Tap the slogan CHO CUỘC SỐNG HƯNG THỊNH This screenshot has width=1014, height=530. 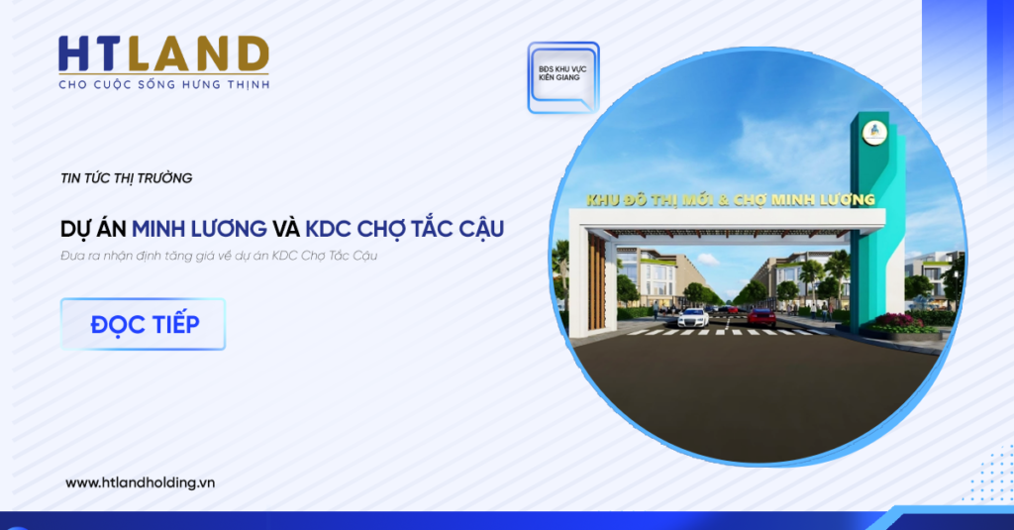tap(163, 85)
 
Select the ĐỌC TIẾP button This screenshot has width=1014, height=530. tap(143, 324)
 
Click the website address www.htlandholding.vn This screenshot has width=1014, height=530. tap(140, 482)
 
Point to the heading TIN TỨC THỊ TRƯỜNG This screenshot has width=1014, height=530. tap(126, 178)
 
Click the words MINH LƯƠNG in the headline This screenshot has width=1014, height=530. tap(199, 229)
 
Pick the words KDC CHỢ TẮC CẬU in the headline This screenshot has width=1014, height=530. tap(404, 229)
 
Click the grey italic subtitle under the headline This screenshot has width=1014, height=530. tap(219, 256)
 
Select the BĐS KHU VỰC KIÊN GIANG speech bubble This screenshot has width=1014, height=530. tap(563, 77)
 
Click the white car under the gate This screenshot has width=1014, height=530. tap(692, 318)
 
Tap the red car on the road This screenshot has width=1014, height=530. tap(761, 317)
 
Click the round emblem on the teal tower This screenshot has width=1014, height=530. tap(874, 134)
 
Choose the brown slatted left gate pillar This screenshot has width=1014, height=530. tap(597, 282)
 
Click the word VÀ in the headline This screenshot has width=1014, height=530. tap(286, 229)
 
